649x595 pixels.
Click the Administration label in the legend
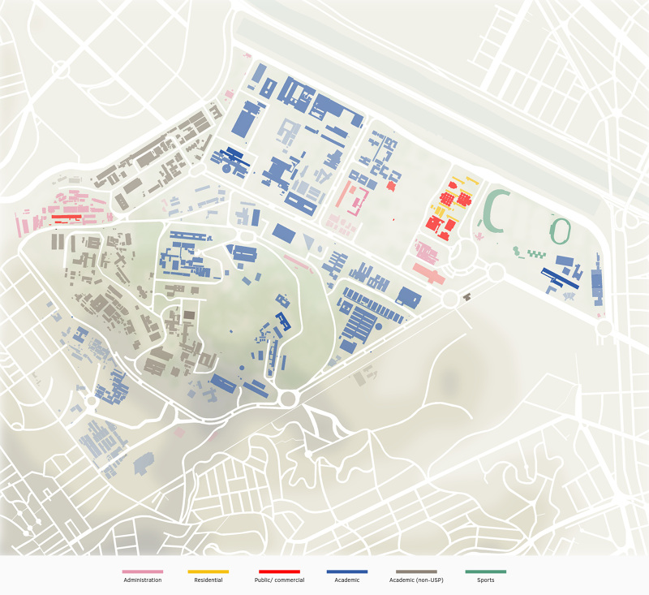pyautogui.click(x=142, y=580)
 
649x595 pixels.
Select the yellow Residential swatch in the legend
pyautogui.click(x=208, y=571)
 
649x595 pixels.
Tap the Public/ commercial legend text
pyautogui.click(x=279, y=580)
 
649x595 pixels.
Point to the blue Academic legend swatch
pyautogui.click(x=346, y=571)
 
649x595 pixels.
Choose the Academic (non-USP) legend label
pyautogui.click(x=416, y=580)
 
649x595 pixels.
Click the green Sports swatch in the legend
pyautogui.click(x=485, y=571)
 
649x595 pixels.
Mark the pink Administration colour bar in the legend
pyautogui.click(x=142, y=571)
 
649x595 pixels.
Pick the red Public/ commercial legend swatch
pyautogui.click(x=279, y=571)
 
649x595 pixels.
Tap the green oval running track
pyautogui.click(x=561, y=231)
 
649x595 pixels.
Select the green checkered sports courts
pyautogui.click(x=536, y=254)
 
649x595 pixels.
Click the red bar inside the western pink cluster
pyautogui.click(x=66, y=217)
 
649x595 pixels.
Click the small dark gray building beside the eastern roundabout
pyautogui.click(x=466, y=297)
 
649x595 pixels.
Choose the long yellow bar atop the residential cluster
pyautogui.click(x=462, y=180)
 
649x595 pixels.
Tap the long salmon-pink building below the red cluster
pyautogui.click(x=428, y=274)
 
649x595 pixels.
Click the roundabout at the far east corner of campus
pyautogui.click(x=604, y=327)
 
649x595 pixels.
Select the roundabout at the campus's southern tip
pyautogui.click(x=288, y=398)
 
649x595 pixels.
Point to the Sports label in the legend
pyautogui.click(x=485, y=580)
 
